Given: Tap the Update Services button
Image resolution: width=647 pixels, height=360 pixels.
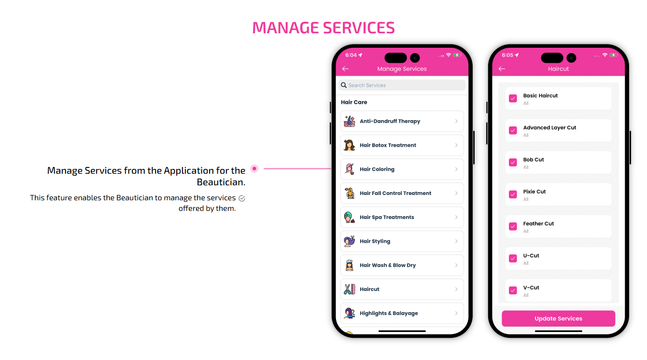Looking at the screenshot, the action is coord(558,318).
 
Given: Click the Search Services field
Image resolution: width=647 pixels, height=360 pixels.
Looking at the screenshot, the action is coord(402,85).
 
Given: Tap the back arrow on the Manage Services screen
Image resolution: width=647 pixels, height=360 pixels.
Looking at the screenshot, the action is coord(345,69).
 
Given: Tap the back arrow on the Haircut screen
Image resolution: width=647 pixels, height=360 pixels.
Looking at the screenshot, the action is coord(502,69).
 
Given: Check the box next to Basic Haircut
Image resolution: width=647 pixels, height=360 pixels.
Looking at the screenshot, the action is coord(513,98).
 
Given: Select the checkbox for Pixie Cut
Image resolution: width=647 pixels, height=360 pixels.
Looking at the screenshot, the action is coord(513,194).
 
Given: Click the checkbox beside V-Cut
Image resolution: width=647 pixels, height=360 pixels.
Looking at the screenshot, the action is coord(513,290).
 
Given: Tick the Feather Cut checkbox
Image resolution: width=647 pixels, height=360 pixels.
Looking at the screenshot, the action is coord(513,226).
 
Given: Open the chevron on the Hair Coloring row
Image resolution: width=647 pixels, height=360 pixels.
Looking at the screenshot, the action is coord(456,169).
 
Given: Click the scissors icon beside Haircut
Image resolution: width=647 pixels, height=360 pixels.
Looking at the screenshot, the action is coord(349,289).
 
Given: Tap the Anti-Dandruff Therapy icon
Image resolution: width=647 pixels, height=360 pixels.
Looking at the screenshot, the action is coord(349,121).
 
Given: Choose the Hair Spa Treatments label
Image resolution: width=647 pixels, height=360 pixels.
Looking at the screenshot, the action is coord(387,217).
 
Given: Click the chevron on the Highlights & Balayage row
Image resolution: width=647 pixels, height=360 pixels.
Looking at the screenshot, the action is coord(456,313).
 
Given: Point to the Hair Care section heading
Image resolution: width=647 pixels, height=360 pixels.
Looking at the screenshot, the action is coord(354,102).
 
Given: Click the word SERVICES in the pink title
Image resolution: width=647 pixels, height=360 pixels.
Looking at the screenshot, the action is coord(359,28).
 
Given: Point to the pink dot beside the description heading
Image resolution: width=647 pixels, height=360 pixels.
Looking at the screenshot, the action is coord(254,168).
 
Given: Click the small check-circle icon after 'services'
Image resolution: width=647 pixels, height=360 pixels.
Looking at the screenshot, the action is coord(242,198).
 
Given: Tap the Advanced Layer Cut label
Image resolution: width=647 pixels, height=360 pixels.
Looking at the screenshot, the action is coord(549,127).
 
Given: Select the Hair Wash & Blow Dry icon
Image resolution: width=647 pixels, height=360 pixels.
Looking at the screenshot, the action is coord(349,265).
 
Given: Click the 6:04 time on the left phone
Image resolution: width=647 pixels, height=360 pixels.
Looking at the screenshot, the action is coord(351,55).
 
